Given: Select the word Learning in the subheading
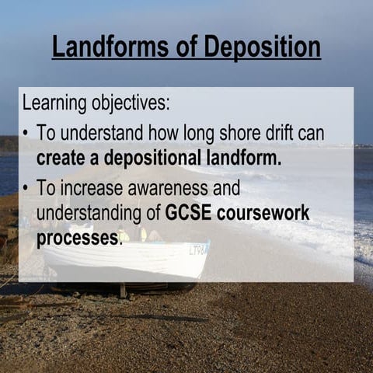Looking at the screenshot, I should pyautogui.click(x=51, y=103).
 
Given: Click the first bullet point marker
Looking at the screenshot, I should pyautogui.click(x=26, y=134).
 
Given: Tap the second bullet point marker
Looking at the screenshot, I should pyautogui.click(x=26, y=188).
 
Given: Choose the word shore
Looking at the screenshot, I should pyautogui.click(x=239, y=133).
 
